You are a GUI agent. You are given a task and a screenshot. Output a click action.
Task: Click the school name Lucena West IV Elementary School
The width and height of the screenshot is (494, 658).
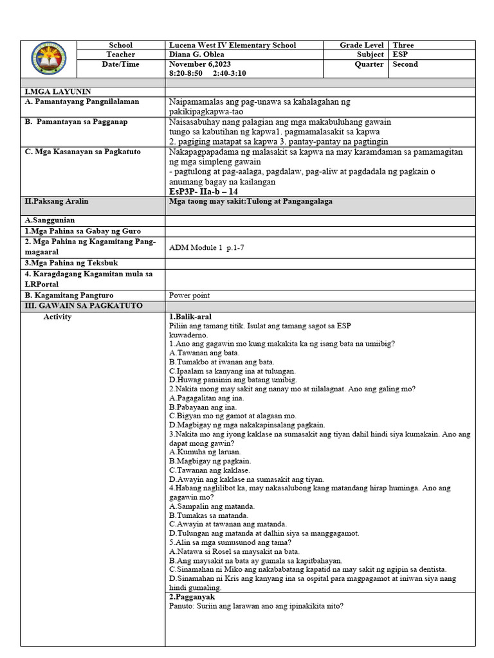pyautogui.click(x=232, y=46)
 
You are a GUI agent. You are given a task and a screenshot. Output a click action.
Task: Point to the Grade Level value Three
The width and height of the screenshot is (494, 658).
pyautogui.click(x=403, y=46)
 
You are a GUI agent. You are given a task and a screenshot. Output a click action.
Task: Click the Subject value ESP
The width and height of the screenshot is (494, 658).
pyautogui.click(x=401, y=55)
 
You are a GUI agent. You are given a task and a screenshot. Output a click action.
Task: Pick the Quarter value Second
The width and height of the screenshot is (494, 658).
pyautogui.click(x=405, y=64)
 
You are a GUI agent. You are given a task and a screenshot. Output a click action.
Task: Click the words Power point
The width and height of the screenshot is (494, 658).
pyautogui.click(x=190, y=296)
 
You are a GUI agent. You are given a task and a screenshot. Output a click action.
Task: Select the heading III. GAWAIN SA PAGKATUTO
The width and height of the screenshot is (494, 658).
pyautogui.click(x=84, y=305)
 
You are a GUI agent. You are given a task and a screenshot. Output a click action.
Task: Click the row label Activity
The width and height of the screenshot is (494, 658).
pyautogui.click(x=57, y=317)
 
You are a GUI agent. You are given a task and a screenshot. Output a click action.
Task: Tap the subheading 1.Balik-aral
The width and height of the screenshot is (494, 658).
pyautogui.click(x=190, y=317)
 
